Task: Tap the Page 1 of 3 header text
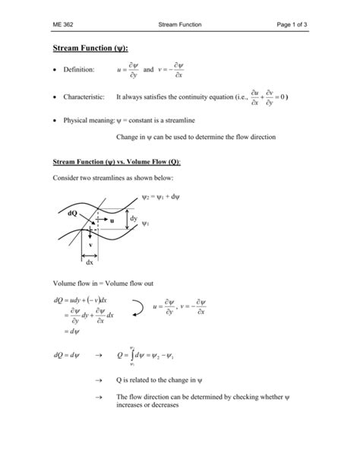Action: [x=304, y=25]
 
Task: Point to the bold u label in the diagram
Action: [x=112, y=220]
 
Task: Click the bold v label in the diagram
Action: [x=89, y=245]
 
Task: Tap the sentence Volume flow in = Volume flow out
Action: [x=101, y=281]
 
